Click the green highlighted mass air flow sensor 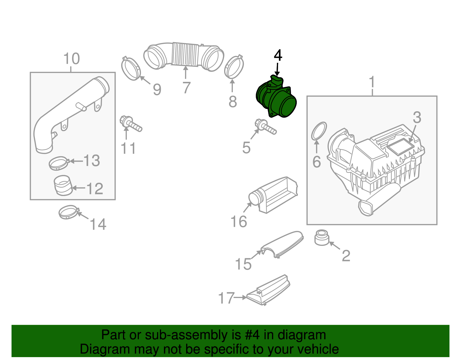click(277, 99)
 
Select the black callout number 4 click(278, 55)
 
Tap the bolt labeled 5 click(265, 127)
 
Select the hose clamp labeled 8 click(234, 67)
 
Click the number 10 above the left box click(71, 59)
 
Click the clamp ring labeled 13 click(59, 163)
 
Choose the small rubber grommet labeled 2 click(322, 238)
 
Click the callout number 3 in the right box click(417, 118)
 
